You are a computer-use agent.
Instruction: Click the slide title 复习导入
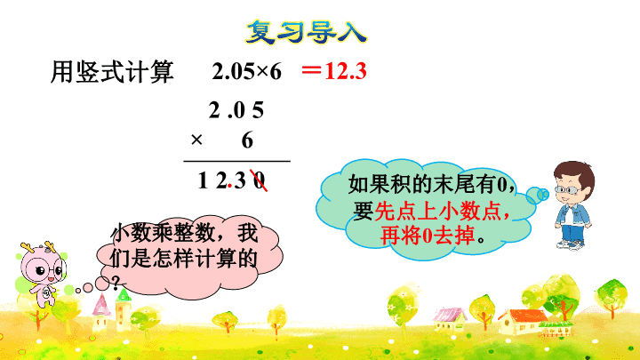(x=306, y=32)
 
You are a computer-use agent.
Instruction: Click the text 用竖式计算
(x=112, y=72)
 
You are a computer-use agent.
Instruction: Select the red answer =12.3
(x=334, y=71)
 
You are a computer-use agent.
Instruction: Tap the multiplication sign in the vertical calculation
(x=196, y=140)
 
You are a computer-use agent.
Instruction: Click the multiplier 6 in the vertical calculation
(x=247, y=140)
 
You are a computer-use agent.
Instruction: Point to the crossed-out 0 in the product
(x=260, y=180)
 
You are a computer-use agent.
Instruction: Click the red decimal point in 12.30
(x=230, y=186)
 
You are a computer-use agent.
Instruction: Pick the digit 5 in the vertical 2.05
(x=258, y=110)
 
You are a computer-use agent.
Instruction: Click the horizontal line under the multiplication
(x=236, y=161)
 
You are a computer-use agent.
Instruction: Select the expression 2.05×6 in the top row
(x=246, y=71)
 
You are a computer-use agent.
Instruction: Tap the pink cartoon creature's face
(x=44, y=268)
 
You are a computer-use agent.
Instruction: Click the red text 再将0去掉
(x=428, y=236)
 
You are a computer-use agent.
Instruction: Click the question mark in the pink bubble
(x=116, y=282)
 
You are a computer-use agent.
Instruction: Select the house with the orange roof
(x=522, y=321)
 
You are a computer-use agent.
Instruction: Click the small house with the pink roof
(x=450, y=318)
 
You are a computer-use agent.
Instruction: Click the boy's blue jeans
(x=572, y=232)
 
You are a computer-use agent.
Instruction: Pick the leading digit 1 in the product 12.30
(x=203, y=180)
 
